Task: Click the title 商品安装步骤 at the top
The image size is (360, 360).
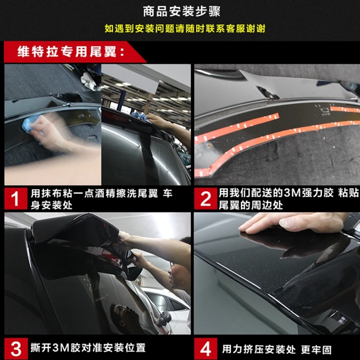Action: click(182, 11)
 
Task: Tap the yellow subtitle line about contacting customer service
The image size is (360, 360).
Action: click(185, 28)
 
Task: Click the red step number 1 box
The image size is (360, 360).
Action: click(16, 198)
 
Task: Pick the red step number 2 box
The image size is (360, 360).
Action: click(206, 198)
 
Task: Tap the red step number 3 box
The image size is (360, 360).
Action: click(16, 348)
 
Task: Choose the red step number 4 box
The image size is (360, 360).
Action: click(206, 348)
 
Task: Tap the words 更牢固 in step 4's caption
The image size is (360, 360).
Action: click(317, 350)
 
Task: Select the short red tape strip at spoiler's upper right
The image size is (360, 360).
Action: click(345, 109)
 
